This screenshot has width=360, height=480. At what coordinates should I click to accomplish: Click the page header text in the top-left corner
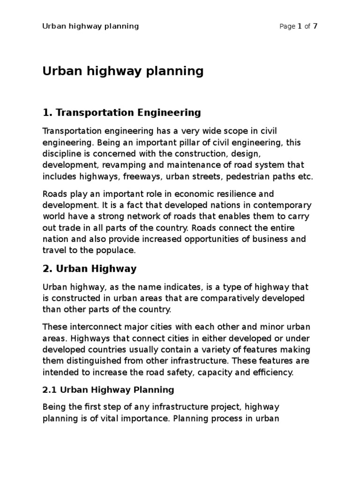tap(90, 26)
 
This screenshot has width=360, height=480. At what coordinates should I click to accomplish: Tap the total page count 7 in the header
tap(315, 26)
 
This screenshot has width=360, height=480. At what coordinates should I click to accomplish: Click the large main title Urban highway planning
tap(123, 71)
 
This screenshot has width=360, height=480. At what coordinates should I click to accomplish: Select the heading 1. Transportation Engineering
tap(121, 112)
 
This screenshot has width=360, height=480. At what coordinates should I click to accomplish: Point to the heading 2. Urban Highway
tap(90, 269)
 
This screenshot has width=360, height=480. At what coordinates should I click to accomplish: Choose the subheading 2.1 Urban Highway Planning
tap(108, 390)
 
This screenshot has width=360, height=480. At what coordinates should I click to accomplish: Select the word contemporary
tap(283, 205)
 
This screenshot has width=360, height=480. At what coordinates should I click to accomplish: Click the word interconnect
tap(87, 327)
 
